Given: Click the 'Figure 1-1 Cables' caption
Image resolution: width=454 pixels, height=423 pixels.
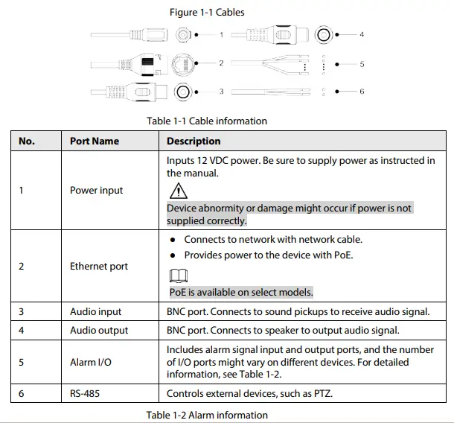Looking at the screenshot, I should click(x=206, y=12).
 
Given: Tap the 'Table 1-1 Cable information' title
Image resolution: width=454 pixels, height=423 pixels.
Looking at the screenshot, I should click(x=206, y=121).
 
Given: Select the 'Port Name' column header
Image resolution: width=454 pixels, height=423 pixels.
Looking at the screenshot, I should click(x=95, y=141).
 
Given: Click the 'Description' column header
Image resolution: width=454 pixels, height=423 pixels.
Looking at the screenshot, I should click(x=194, y=141).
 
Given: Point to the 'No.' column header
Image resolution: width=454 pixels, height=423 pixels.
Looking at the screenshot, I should click(x=27, y=141).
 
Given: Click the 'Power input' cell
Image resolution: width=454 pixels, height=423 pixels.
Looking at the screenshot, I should click(x=96, y=190).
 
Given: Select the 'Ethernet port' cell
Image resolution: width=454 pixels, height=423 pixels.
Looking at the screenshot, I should click(x=99, y=266).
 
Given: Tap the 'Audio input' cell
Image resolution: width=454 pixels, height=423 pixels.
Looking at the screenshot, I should click(x=95, y=312).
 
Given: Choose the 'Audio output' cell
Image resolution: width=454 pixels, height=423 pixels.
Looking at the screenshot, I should click(x=99, y=330).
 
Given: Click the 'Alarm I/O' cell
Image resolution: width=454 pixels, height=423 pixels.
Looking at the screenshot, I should click(x=92, y=363).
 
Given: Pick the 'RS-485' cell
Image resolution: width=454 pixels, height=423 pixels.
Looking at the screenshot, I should click(x=86, y=392).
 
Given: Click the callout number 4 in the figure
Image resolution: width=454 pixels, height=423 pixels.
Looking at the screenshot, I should click(x=362, y=34).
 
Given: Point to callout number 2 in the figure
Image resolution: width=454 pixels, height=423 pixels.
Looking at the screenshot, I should click(x=221, y=63).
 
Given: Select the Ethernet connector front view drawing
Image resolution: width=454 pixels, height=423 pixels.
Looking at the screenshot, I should click(x=182, y=63).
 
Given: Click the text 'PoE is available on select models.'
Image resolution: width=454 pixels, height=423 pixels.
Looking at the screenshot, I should click(x=241, y=292).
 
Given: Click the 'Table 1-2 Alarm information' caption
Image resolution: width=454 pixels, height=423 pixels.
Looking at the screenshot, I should click(x=207, y=415).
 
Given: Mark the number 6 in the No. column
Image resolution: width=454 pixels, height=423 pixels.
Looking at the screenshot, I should click(x=22, y=392).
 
